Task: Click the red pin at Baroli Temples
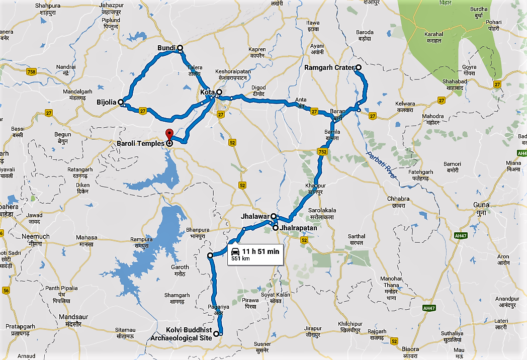pyautogui.click(x=169, y=135)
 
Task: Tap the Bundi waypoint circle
pyautogui.click(x=180, y=48)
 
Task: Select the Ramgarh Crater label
pyautogui.click(x=329, y=67)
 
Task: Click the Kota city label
pyautogui.click(x=207, y=93)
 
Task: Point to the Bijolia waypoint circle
pyautogui.click(x=121, y=102)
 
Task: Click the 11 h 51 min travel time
pyautogui.click(x=260, y=251)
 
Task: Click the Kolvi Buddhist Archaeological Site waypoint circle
pyautogui.click(x=217, y=333)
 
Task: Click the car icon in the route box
pyautogui.click(x=235, y=251)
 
